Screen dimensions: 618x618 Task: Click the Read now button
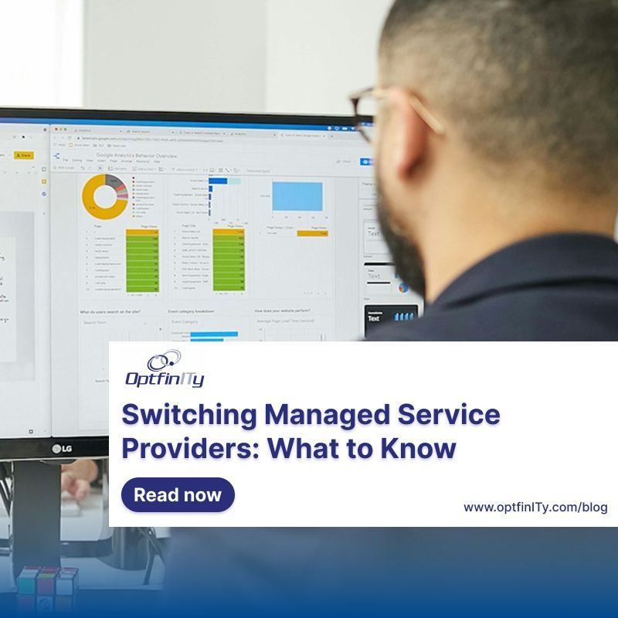(x=178, y=495)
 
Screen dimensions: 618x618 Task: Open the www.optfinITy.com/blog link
(x=535, y=508)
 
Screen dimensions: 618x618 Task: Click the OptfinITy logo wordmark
(x=165, y=379)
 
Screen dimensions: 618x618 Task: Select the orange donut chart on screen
(x=104, y=196)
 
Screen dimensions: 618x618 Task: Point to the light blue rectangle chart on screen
(x=297, y=196)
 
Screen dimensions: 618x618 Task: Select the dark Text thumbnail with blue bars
(x=390, y=317)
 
